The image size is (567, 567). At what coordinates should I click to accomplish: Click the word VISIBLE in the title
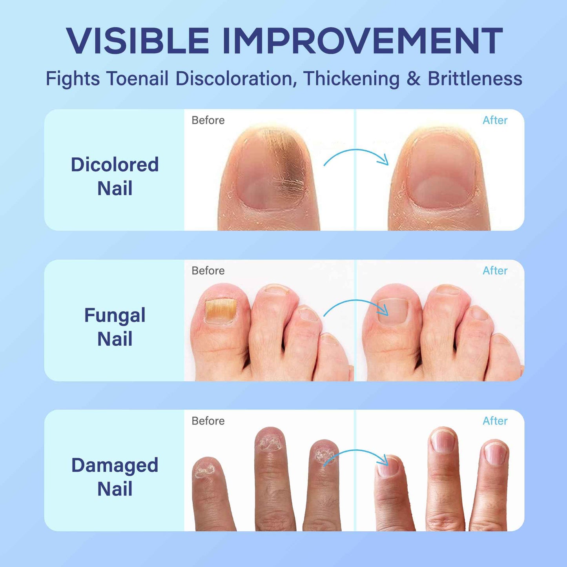[x=137, y=41]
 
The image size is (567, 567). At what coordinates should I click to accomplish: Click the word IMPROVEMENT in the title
[x=362, y=41]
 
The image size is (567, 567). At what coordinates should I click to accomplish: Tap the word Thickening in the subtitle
[x=351, y=78]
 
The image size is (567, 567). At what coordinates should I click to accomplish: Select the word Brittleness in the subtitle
[x=475, y=78]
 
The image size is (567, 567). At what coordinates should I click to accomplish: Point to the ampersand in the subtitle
[x=413, y=78]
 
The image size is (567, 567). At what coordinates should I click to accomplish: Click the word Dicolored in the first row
[x=115, y=164]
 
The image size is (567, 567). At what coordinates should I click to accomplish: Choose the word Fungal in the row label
[x=115, y=315]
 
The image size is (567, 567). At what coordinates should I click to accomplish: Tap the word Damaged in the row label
[x=115, y=465]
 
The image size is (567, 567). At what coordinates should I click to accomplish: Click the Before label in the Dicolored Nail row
[x=208, y=120]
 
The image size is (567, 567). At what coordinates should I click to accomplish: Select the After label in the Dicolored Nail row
[x=495, y=120]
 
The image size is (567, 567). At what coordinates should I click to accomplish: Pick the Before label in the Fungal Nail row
[x=208, y=271]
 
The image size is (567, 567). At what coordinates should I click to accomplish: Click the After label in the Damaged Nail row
[x=495, y=421]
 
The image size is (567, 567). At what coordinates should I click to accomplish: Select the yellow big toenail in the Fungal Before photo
[x=220, y=311]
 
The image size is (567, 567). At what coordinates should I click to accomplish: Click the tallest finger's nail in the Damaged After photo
[x=443, y=441]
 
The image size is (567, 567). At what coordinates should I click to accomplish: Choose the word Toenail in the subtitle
[x=137, y=78]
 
